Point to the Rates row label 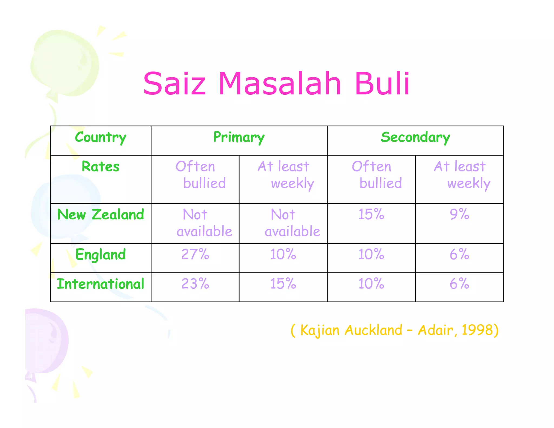[101, 166]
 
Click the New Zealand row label [101, 215]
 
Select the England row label [101, 255]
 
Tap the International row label [101, 284]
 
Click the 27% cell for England [195, 255]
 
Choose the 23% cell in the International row [195, 284]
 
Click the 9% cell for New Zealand [459, 215]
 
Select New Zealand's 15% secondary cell [371, 215]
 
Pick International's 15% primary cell [283, 284]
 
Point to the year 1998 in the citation [477, 330]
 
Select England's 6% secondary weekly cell [459, 255]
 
